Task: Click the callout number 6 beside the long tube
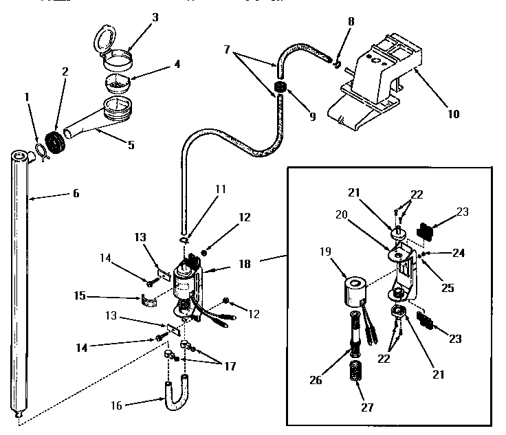point(76,194)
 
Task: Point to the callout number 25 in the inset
point(448,289)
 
